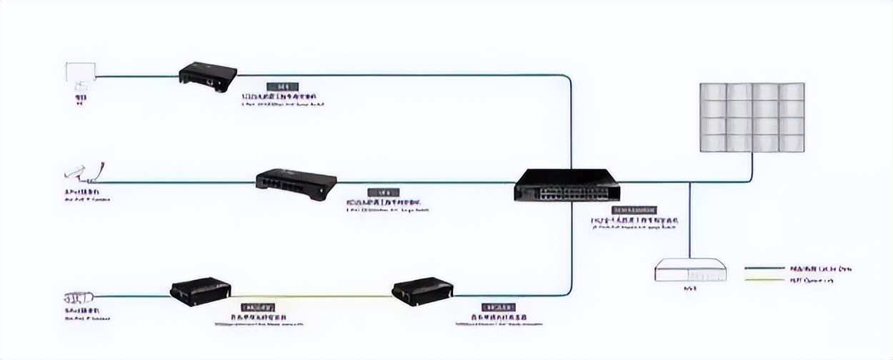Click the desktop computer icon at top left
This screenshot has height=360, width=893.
(80, 75)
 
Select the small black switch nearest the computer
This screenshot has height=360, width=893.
(207, 74)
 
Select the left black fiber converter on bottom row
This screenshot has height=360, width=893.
(200, 291)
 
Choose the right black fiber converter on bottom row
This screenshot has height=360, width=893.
(422, 291)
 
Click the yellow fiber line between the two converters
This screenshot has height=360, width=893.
(311, 296)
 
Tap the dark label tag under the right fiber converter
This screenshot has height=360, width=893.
(498, 306)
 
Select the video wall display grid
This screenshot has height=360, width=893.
(752, 117)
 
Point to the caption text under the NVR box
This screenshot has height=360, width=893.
(690, 289)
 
